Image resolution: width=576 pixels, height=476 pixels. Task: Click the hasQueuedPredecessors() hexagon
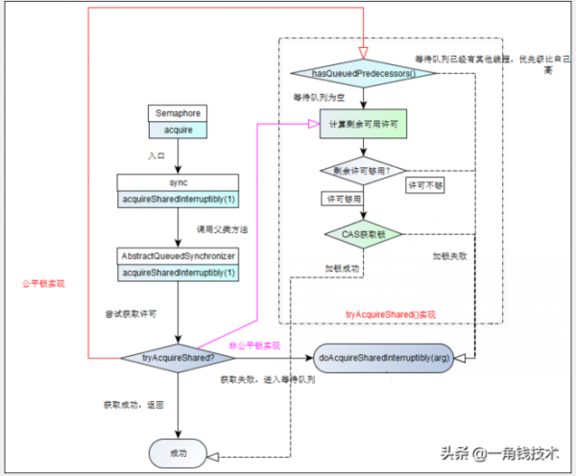(360, 73)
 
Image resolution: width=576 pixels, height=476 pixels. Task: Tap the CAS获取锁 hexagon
(362, 232)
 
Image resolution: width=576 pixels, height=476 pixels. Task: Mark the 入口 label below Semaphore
(157, 155)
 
